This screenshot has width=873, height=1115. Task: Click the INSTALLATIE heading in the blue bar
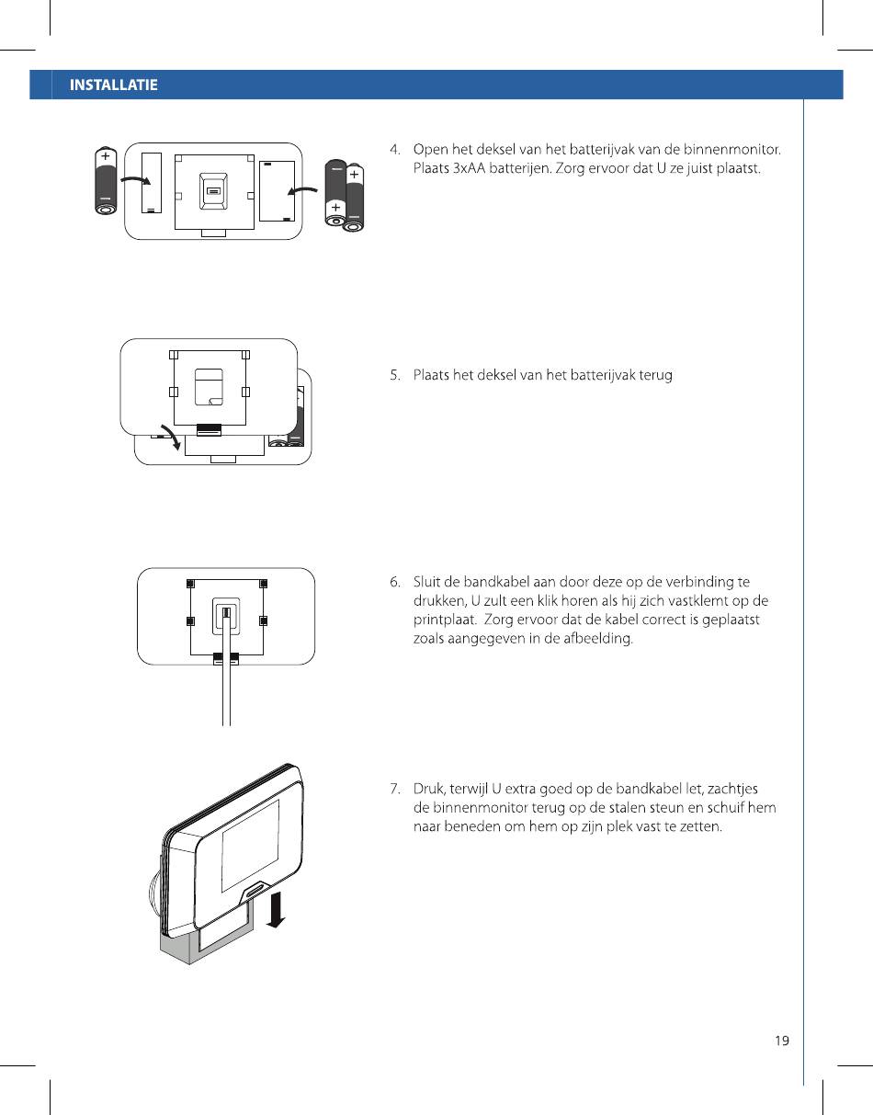[x=114, y=85]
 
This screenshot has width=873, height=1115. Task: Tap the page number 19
[x=781, y=1041]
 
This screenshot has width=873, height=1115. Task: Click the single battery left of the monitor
[x=106, y=181]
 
